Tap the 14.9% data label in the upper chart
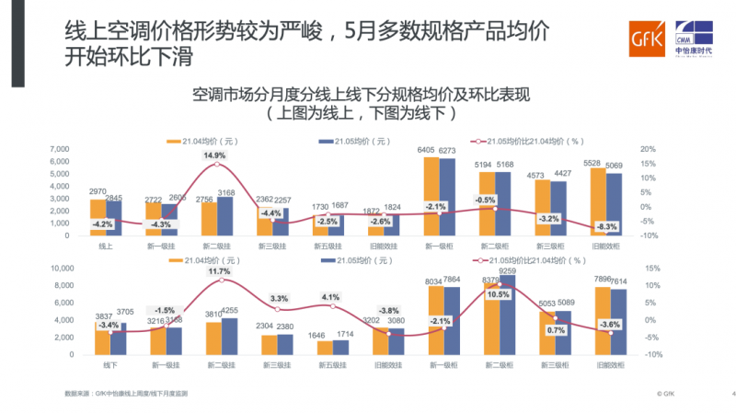click(x=214, y=156)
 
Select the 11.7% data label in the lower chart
click(x=219, y=271)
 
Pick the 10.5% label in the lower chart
click(x=498, y=294)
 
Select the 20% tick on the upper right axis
click(x=647, y=149)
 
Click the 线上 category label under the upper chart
click(x=106, y=247)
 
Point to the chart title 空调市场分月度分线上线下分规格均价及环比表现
click(x=363, y=95)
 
